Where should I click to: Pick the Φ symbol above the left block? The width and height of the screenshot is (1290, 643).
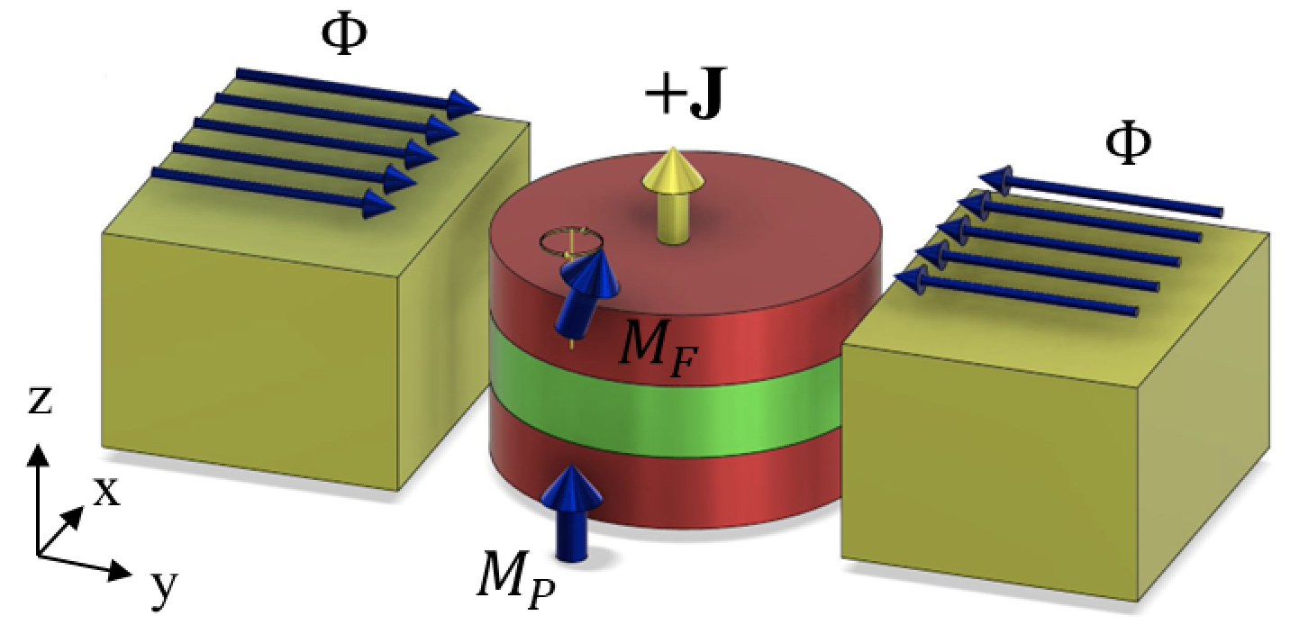345,35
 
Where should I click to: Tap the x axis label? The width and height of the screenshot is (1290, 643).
106,491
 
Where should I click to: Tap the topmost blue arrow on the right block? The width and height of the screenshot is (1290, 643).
1099,197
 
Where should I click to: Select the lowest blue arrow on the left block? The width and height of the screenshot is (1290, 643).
270,188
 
